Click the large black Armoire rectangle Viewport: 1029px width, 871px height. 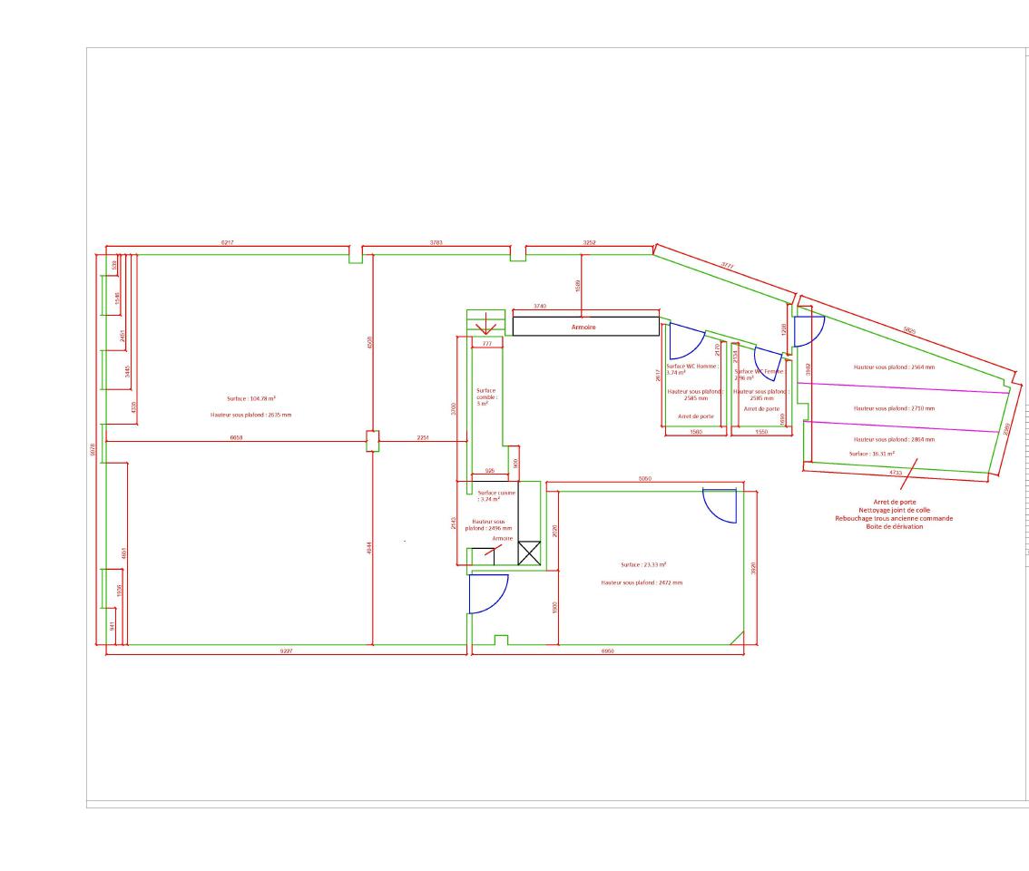click(x=585, y=326)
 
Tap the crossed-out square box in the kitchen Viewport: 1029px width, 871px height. click(x=529, y=553)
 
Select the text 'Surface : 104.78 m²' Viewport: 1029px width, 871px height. click(x=251, y=398)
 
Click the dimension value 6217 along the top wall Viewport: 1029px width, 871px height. click(x=228, y=243)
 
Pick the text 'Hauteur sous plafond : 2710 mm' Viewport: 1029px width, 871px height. click(x=894, y=408)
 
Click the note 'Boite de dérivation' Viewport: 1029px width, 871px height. click(x=894, y=526)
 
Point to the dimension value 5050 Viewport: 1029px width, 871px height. click(x=644, y=478)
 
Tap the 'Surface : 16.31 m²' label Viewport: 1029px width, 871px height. click(x=872, y=453)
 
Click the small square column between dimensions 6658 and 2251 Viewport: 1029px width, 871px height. click(x=372, y=440)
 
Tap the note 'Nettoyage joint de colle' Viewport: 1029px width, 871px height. click(x=894, y=510)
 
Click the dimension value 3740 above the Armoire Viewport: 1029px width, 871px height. click(x=540, y=307)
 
